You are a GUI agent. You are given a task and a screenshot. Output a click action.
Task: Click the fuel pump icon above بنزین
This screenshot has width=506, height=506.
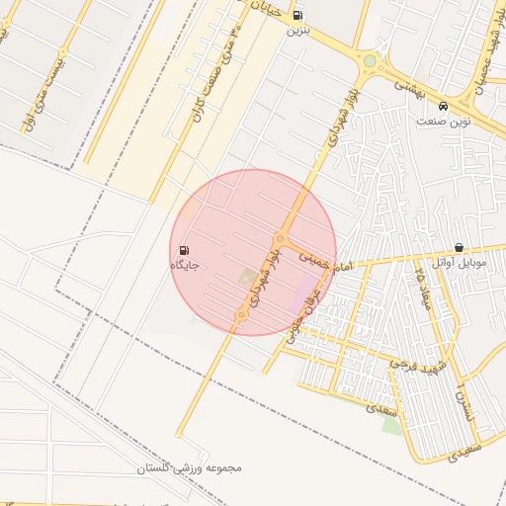tap(299, 14)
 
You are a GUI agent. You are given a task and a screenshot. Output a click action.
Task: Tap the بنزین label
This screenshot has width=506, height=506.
tap(297, 31)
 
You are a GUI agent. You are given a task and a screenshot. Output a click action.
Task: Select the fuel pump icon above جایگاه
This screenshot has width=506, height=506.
tap(186, 250)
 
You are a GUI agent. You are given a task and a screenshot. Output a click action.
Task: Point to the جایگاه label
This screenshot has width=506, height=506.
tap(186, 266)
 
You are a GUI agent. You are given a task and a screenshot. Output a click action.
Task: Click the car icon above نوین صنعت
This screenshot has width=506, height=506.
tap(443, 105)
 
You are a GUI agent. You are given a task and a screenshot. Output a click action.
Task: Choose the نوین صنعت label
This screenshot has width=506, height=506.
tap(443, 121)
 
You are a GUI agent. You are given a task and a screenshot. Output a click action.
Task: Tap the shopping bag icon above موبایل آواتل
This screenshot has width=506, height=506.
tap(460, 247)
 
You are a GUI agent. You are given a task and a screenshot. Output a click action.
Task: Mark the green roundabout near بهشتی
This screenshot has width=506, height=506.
tap(370, 61)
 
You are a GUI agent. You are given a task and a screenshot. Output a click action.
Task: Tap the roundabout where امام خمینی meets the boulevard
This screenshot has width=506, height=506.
tap(282, 239)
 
